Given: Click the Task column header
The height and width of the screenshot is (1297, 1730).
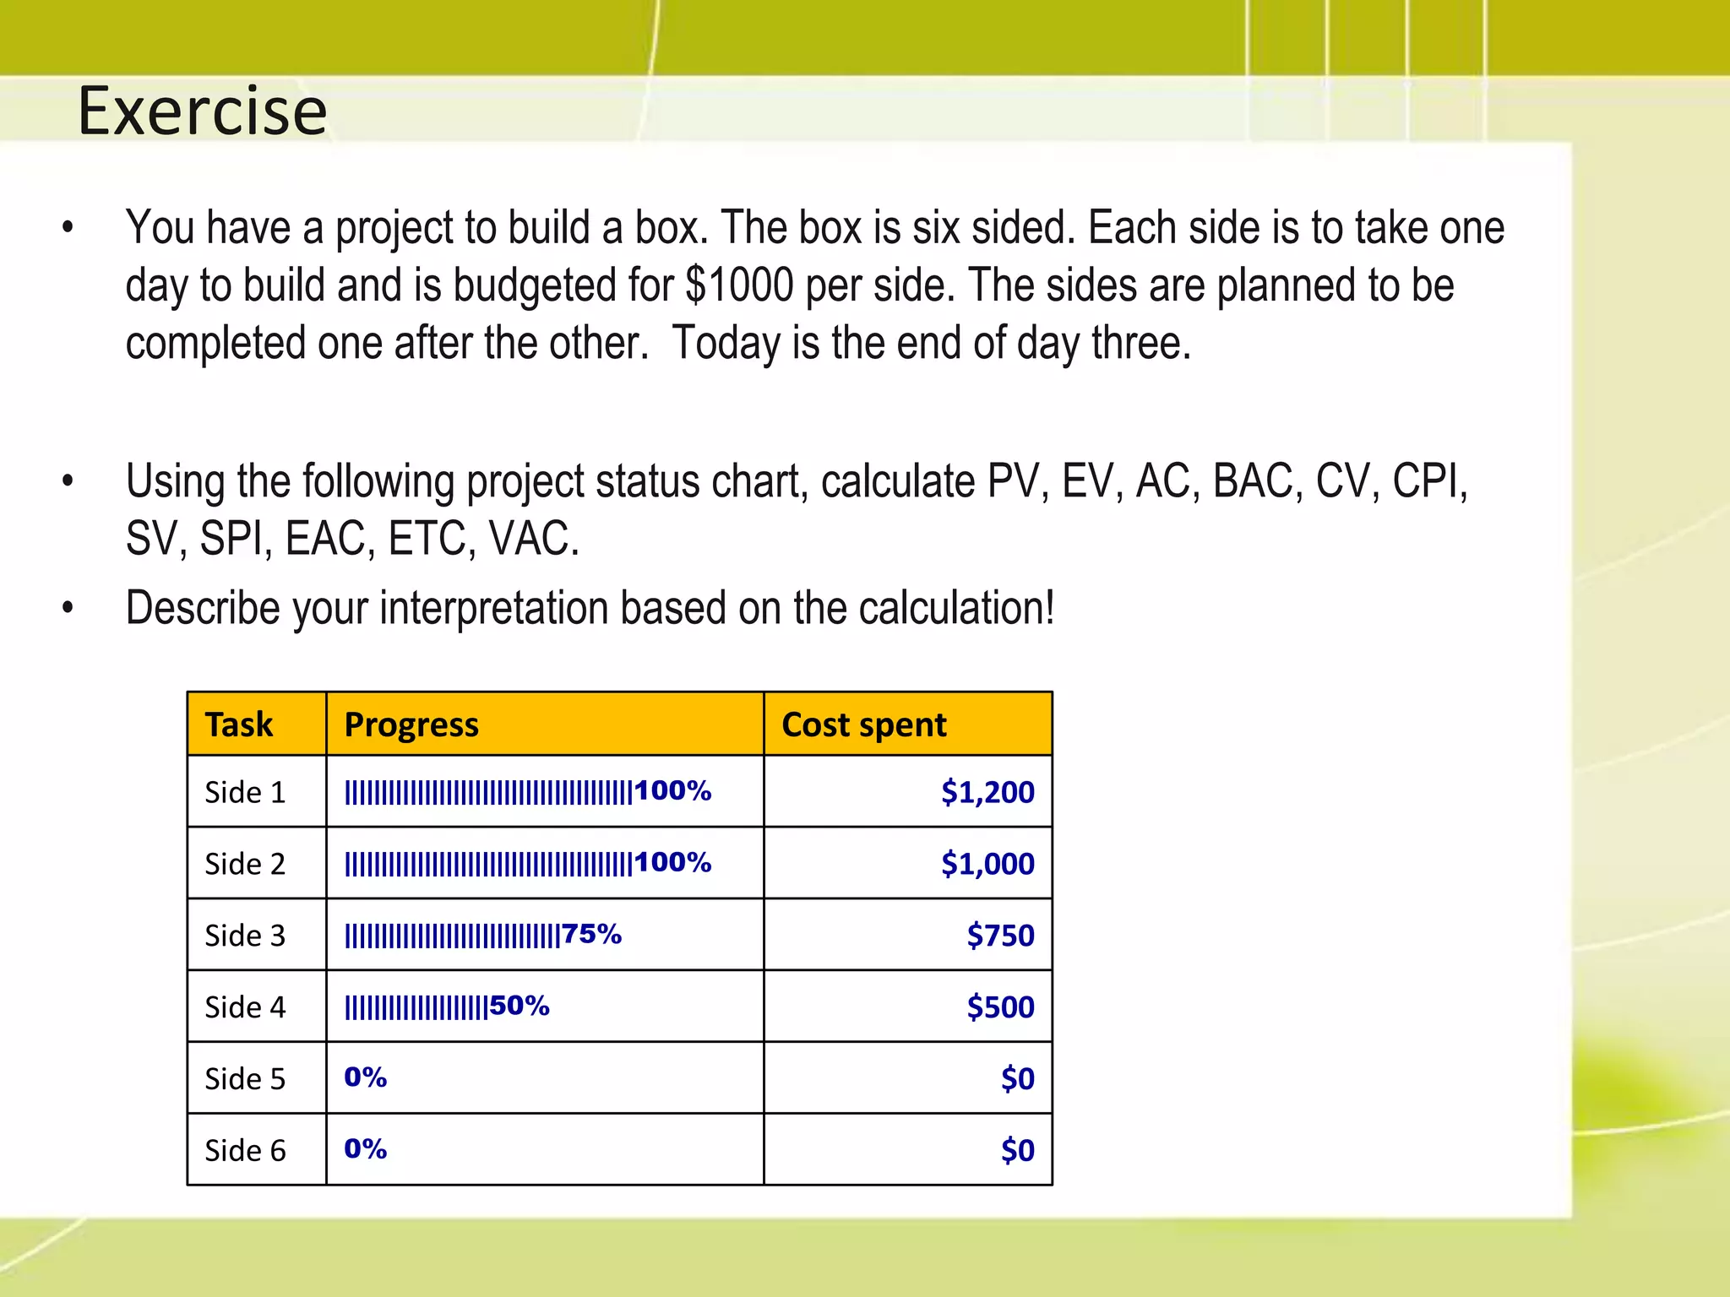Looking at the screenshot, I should pos(239,724).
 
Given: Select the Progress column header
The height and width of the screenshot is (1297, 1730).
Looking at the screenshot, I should pos(411,724).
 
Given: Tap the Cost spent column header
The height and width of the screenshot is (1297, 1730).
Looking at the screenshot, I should pos(863,724).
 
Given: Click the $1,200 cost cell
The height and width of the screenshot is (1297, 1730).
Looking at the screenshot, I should pos(987,792).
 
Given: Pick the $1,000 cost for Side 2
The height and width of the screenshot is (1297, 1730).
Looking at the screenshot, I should pos(987,864).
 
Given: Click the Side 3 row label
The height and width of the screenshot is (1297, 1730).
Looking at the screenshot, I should pos(245,936).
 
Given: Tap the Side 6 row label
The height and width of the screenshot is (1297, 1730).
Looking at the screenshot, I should pos(245,1151).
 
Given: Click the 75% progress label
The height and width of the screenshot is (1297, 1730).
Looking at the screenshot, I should pos(591,934).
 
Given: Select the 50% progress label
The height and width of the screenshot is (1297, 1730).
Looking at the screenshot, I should pos(520,1006).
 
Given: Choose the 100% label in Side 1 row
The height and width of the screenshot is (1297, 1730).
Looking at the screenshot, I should pos(672,790).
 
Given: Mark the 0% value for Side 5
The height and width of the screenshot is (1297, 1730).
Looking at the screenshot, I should pos(365,1077).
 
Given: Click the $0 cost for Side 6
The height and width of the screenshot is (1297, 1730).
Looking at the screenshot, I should pos(1017,1151).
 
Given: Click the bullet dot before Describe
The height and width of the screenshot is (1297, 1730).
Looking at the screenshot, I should pos(68,608).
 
